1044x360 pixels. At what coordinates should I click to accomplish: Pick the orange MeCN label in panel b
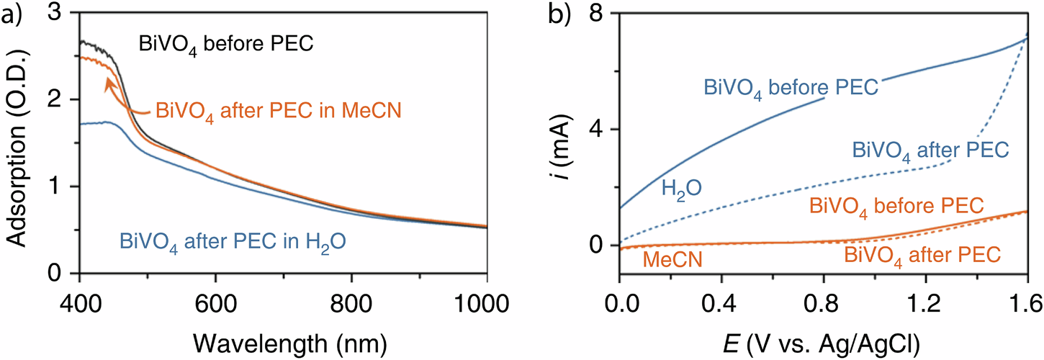pyautogui.click(x=664, y=259)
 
